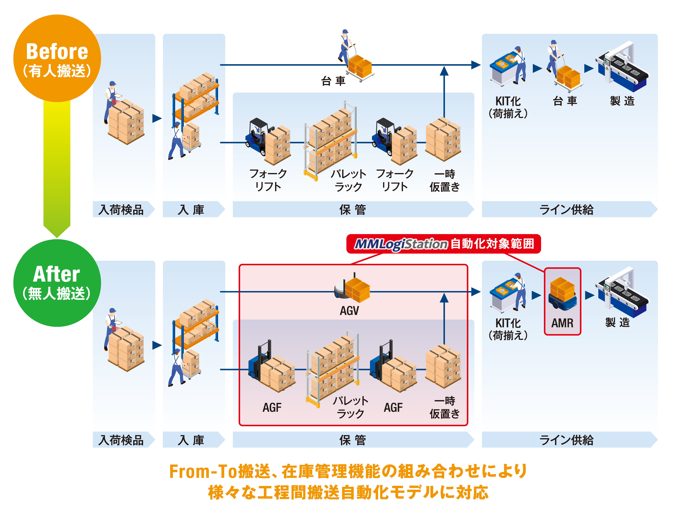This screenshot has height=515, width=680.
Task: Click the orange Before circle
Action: [x=57, y=58]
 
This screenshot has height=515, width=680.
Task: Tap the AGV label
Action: [x=349, y=311]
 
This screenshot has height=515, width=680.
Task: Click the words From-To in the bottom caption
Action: [x=203, y=471]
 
